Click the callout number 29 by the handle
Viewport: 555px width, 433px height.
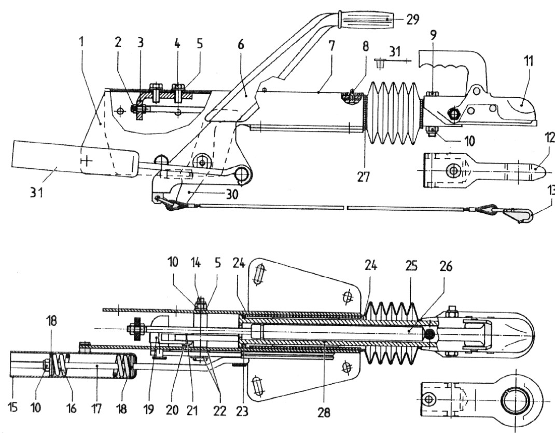pos(412,20)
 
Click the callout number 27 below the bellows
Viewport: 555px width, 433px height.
pos(364,177)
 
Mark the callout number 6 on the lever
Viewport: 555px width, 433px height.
pos(241,45)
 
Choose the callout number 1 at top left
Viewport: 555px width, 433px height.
pos(82,42)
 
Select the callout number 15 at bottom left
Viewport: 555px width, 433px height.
pos(12,408)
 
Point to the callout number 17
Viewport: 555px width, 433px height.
pos(96,408)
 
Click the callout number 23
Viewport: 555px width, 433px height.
pos(242,411)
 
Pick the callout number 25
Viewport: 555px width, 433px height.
pos(410,266)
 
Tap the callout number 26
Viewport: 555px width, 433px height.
pos(446,266)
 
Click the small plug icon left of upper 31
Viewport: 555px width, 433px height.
pos(380,64)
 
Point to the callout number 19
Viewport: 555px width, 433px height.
pos(149,409)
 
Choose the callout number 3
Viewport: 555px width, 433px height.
pos(141,43)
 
